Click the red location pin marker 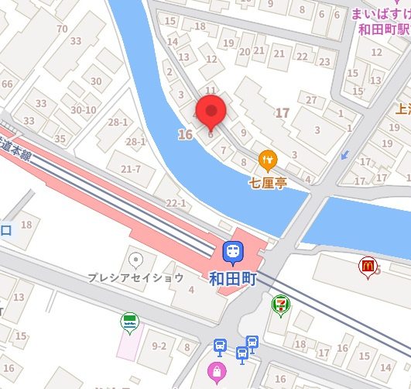[210, 113]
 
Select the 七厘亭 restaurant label [269, 184]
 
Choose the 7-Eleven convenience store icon [279, 306]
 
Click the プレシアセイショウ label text [135, 277]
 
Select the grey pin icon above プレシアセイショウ [136, 259]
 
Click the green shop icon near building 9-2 [128, 320]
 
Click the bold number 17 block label [282, 113]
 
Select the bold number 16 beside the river [184, 135]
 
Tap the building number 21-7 [130, 169]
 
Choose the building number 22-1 [177, 203]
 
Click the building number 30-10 [83, 110]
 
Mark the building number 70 [63, 29]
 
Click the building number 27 [312, 100]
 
